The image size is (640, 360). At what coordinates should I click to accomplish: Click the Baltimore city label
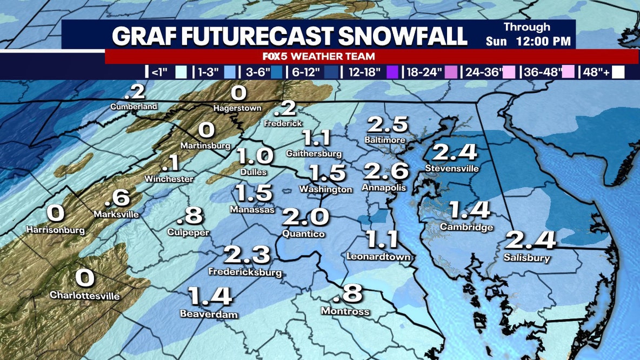385,140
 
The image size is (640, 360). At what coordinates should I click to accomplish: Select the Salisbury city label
526,258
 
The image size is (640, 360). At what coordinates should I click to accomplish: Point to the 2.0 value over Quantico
305,217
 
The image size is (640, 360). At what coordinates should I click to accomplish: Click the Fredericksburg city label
245,272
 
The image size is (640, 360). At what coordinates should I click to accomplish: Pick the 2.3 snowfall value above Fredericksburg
247,254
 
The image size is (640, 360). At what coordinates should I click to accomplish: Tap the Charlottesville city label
85,295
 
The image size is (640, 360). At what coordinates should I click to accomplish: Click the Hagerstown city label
238,108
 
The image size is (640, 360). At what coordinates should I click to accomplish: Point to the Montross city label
345,311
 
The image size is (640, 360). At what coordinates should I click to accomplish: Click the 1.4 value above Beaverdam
210,296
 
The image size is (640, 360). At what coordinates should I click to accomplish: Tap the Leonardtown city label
378,257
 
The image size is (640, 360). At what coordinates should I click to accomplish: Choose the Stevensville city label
452,168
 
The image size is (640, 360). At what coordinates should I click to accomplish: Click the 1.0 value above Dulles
255,156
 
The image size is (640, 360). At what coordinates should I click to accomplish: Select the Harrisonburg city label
56,230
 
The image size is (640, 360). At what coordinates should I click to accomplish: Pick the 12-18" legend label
365,72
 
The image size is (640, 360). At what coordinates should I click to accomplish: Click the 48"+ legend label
596,72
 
